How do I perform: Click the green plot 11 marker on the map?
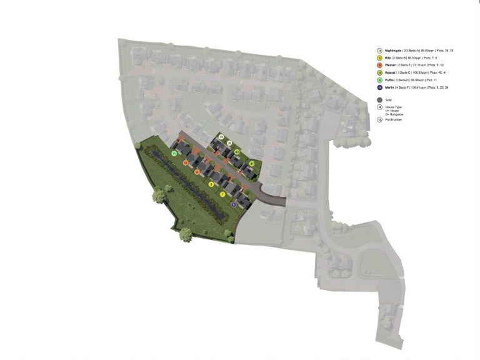tap(173, 154)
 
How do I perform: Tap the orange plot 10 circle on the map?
tap(185, 162)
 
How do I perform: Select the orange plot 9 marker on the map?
tap(197, 172)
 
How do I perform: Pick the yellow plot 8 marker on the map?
tap(211, 184)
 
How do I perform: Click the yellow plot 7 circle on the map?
tap(222, 194)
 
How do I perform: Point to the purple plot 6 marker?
tap(234, 204)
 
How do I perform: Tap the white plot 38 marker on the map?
tap(221, 137)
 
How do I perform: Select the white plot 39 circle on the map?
tap(229, 144)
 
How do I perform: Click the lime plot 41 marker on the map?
tap(252, 164)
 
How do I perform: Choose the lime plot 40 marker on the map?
tap(237, 152)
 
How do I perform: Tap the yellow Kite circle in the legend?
tap(379, 57)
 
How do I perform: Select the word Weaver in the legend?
tap(392, 65)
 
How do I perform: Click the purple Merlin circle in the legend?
tap(379, 87)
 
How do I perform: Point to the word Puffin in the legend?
tap(391, 80)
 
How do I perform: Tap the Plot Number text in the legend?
tap(394, 119)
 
